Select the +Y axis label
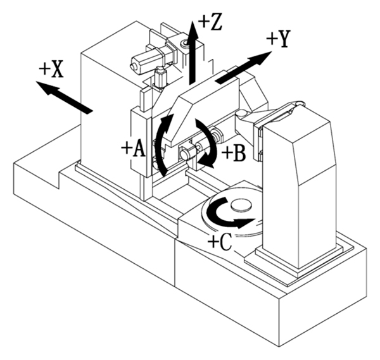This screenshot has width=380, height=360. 278,39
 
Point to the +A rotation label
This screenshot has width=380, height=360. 133,149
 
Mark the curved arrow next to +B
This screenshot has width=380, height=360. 208,142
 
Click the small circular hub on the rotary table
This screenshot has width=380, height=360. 241,205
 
